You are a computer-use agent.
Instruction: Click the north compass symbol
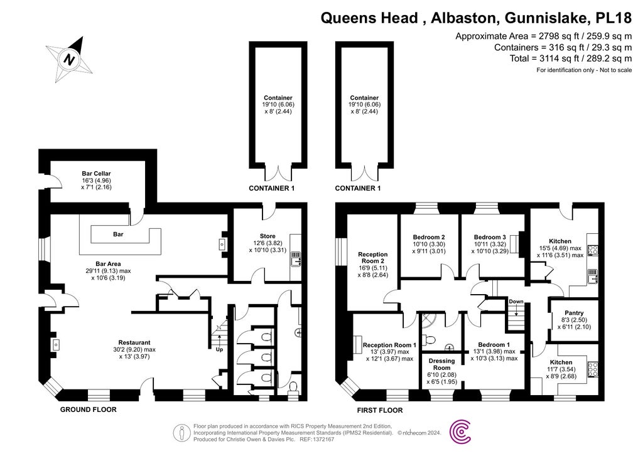point(70,60)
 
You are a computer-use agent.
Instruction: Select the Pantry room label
point(574,313)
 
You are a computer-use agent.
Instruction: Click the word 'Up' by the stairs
point(220,349)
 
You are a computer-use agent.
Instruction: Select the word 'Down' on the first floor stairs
point(516,302)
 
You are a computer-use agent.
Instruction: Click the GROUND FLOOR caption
point(88,409)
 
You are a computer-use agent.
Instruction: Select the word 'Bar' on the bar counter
point(118,234)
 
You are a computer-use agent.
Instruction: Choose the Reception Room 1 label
point(389,345)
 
